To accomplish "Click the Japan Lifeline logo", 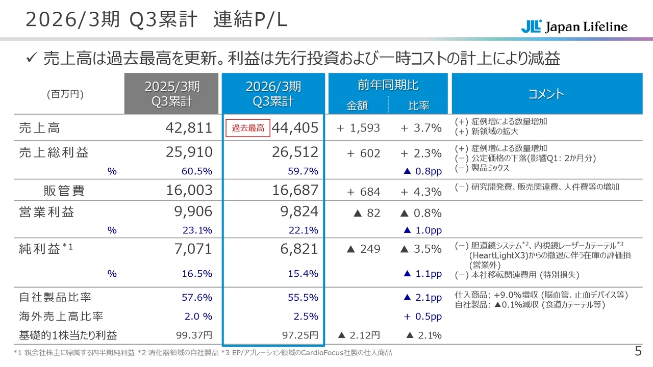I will pyautogui.click(x=574, y=27).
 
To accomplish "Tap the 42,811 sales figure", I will pyautogui.click(x=189, y=128).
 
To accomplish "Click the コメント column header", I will pyautogui.click(x=546, y=94).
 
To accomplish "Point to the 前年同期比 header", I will pyautogui.click(x=388, y=85).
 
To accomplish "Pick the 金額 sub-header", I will pyautogui.click(x=357, y=106).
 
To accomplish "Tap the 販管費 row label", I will pyautogui.click(x=64, y=191).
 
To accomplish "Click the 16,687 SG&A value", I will pyautogui.click(x=295, y=191).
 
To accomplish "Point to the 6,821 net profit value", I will pyautogui.click(x=299, y=249).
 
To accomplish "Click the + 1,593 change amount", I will pyautogui.click(x=358, y=128).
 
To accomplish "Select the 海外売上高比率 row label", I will pyautogui.click(x=61, y=317).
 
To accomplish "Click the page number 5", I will pyautogui.click(x=638, y=351).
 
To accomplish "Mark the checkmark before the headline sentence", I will pyautogui.click(x=30, y=59).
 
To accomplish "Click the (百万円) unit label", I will pyautogui.click(x=65, y=94).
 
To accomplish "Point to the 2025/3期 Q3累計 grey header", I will pyautogui.click(x=171, y=94).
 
